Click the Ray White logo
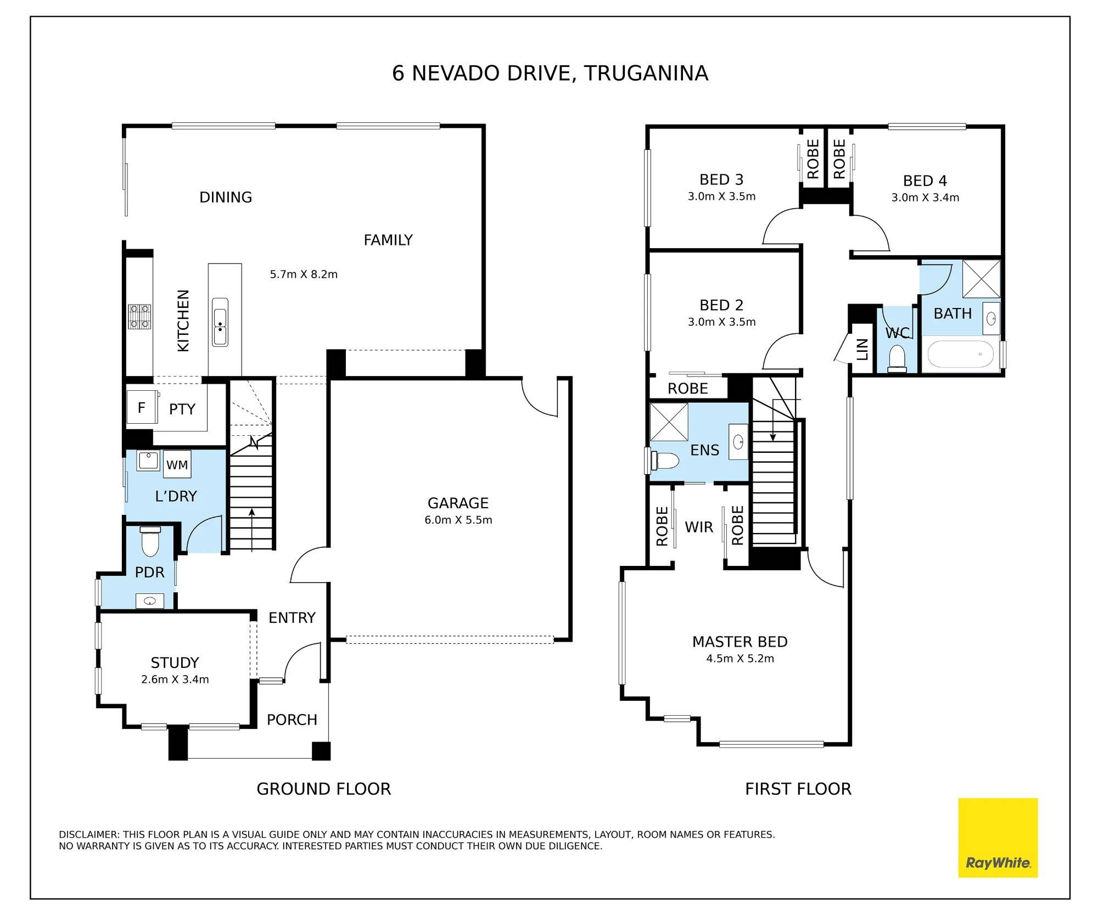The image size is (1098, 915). (998, 838)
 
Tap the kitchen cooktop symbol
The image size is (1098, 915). (139, 317)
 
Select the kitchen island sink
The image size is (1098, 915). (220, 322)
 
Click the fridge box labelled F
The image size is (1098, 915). (142, 407)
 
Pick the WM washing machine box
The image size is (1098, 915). (177, 464)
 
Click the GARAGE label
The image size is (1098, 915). (458, 503)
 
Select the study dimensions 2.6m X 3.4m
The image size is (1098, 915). (175, 679)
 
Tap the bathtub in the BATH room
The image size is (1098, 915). (960, 355)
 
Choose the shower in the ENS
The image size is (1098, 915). (669, 422)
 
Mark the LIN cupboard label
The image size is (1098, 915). (862, 349)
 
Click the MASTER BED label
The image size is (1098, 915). (740, 642)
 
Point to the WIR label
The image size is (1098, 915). (699, 527)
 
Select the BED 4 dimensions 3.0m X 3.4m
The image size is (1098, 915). (925, 198)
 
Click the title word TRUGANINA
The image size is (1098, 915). (646, 73)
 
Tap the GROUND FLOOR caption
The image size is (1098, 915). (324, 789)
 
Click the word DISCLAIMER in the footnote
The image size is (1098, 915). (89, 834)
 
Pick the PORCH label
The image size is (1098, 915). (292, 720)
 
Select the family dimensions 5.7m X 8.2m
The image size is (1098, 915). (304, 274)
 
